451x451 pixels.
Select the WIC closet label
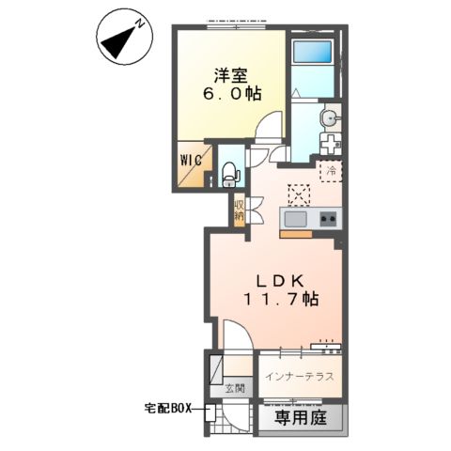[190, 159]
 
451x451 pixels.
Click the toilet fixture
[230, 173]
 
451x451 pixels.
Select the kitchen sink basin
[294, 219]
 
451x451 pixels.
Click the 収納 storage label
[240, 209]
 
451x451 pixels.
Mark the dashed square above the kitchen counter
[298, 193]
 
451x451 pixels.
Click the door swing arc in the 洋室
[270, 126]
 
